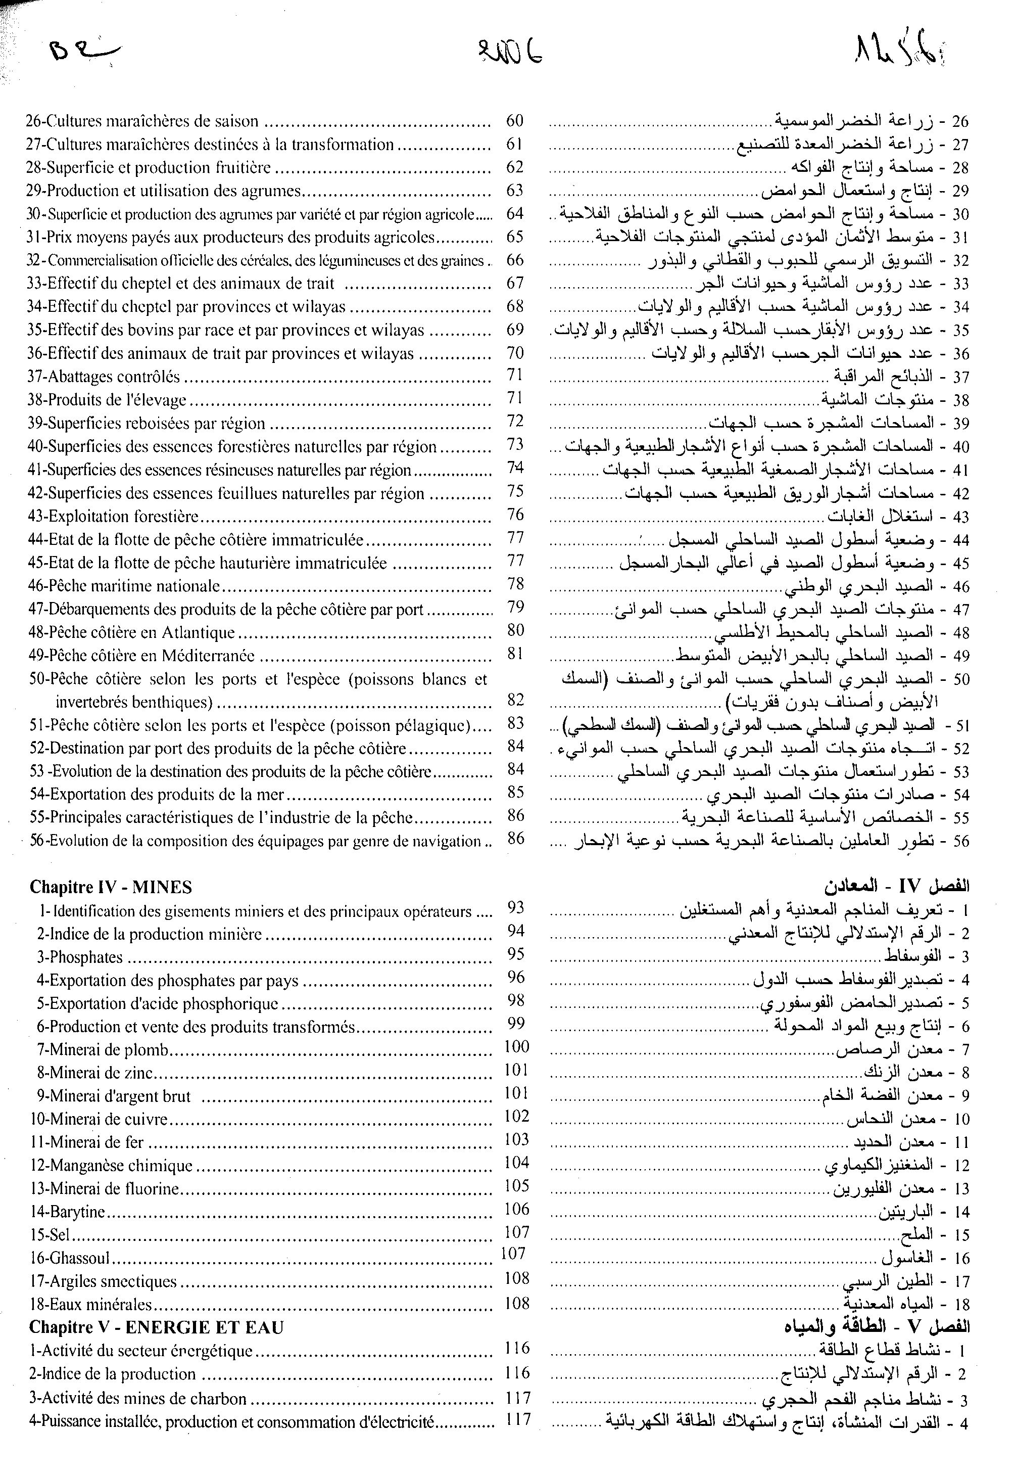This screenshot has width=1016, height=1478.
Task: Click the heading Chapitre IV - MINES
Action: click(111, 887)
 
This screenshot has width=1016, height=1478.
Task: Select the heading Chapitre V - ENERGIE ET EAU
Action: click(156, 1327)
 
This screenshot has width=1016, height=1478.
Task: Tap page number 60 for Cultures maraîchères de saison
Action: click(514, 120)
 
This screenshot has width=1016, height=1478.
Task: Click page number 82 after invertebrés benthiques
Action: click(515, 700)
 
